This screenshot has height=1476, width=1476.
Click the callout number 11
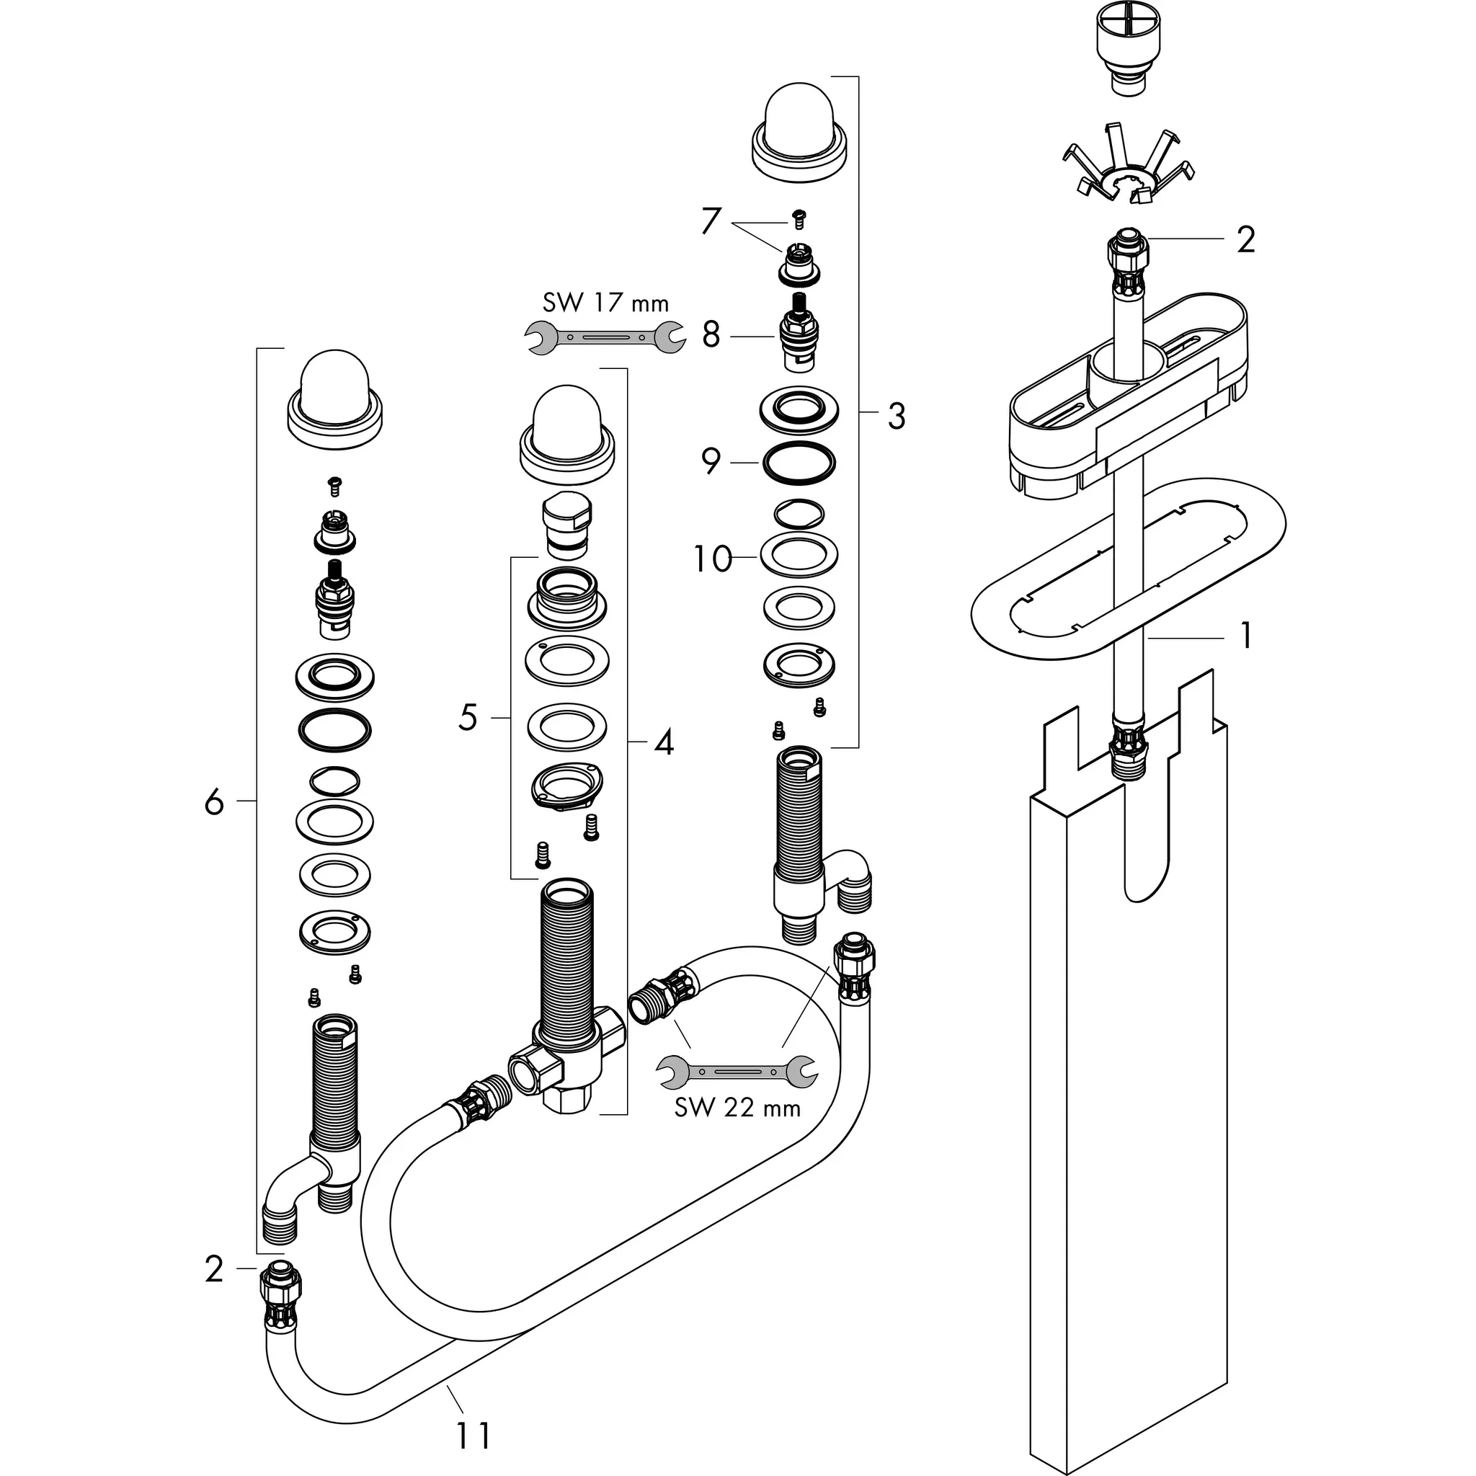[x=473, y=1435]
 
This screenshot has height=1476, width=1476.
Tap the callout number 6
[x=214, y=801]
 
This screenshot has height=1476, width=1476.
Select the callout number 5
[x=468, y=717]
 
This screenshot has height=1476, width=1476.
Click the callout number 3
[x=896, y=417]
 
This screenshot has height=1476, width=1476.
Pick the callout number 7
[x=711, y=221]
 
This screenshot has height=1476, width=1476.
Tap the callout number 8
[x=711, y=334]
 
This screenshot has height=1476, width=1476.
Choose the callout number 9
[x=711, y=461]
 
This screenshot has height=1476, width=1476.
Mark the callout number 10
[x=712, y=559]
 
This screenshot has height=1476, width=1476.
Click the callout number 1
[x=1245, y=636]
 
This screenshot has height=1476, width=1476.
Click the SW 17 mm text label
[x=605, y=303]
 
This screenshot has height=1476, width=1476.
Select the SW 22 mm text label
[x=737, y=1107]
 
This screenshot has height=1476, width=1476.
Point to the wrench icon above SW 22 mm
[x=737, y=1071]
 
